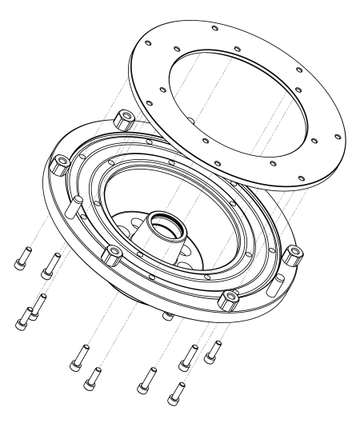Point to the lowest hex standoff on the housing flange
click(228, 299)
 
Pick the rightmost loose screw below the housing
click(213, 350)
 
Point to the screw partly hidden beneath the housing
click(166, 314)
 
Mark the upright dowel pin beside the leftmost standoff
click(73, 208)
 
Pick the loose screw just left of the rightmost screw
click(187, 357)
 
